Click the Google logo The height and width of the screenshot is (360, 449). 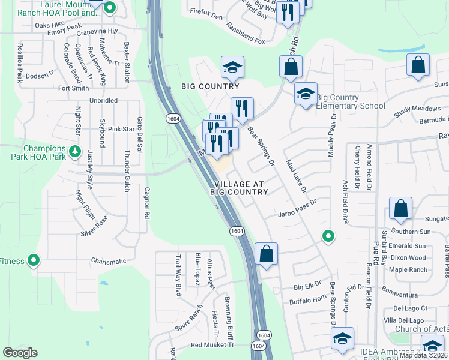[x=20, y=353]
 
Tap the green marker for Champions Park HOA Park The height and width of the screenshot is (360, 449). [x=74, y=151]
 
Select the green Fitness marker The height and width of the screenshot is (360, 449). [x=34, y=261]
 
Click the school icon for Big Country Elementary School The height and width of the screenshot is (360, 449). [x=306, y=94]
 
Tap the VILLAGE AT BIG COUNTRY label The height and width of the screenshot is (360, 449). [x=239, y=187]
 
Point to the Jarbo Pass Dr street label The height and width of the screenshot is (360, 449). [x=297, y=214]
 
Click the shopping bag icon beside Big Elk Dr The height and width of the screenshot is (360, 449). [x=266, y=253]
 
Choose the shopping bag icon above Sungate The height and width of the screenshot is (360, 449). [x=400, y=208]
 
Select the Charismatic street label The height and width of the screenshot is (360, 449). [x=109, y=261]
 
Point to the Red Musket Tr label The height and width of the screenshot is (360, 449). [x=211, y=345]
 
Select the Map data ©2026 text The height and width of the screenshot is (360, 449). [x=424, y=355]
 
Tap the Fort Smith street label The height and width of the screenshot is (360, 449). [x=73, y=88]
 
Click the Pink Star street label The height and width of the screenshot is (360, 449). [x=121, y=129]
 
